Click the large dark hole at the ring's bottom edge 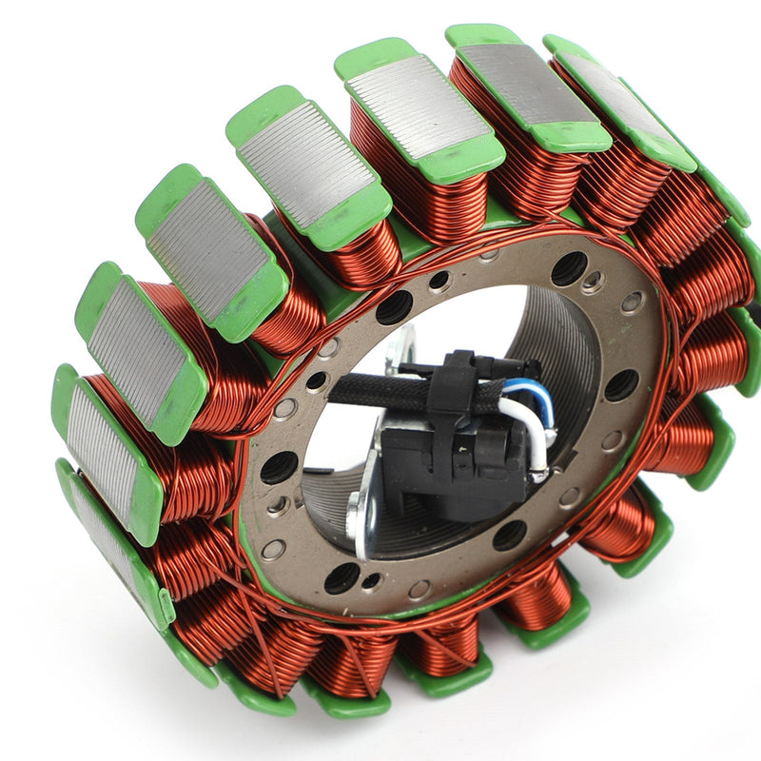click(x=341, y=576)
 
